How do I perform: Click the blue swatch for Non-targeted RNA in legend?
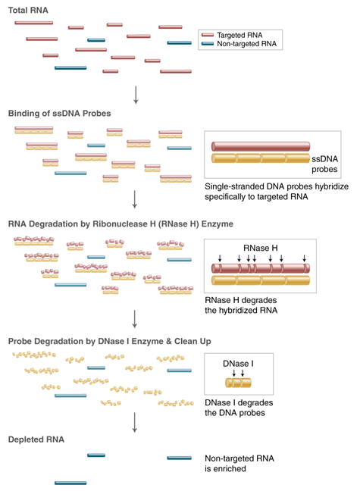(x=208, y=45)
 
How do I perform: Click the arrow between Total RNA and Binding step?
(x=135, y=93)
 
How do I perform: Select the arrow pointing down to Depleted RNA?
(x=135, y=421)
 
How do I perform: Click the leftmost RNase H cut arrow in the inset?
(x=220, y=259)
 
